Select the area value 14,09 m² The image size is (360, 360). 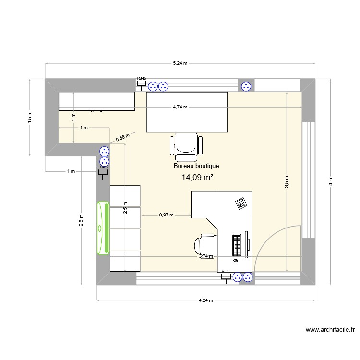(197, 178)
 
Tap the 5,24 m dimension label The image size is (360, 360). (180, 63)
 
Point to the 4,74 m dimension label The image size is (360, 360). (180, 107)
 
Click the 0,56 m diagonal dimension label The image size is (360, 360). (123, 138)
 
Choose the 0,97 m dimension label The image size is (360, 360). (166, 216)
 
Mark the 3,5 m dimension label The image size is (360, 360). (287, 183)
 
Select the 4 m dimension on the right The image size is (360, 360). (330, 181)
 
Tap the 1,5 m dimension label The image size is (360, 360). (29, 116)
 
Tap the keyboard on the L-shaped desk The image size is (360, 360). (237, 245)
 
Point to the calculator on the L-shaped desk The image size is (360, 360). (241, 204)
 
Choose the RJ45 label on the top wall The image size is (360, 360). (142, 78)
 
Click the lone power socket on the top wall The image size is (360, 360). (246, 86)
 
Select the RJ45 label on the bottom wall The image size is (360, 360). (226, 271)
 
